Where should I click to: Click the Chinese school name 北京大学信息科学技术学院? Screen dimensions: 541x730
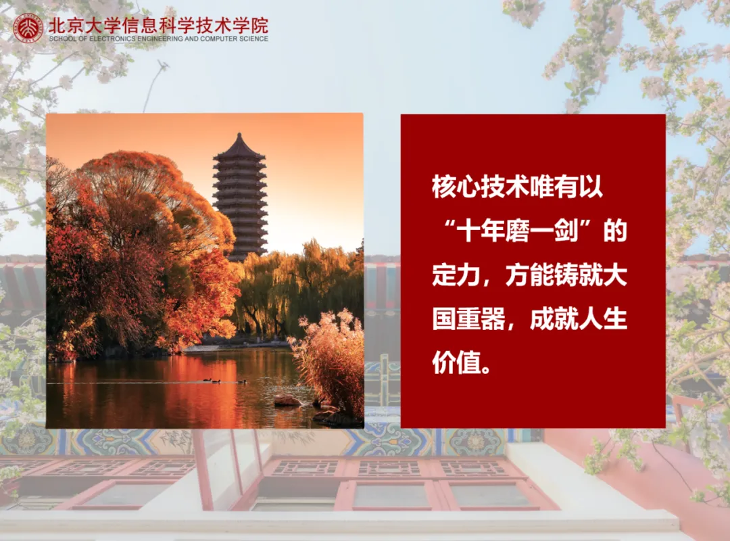point(158,25)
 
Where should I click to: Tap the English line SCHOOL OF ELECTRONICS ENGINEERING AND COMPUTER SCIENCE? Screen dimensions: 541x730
point(158,39)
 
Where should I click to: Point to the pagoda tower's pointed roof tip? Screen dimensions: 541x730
point(240,135)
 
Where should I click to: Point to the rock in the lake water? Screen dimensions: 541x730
point(288,400)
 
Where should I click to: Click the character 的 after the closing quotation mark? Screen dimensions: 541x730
point(615,232)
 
